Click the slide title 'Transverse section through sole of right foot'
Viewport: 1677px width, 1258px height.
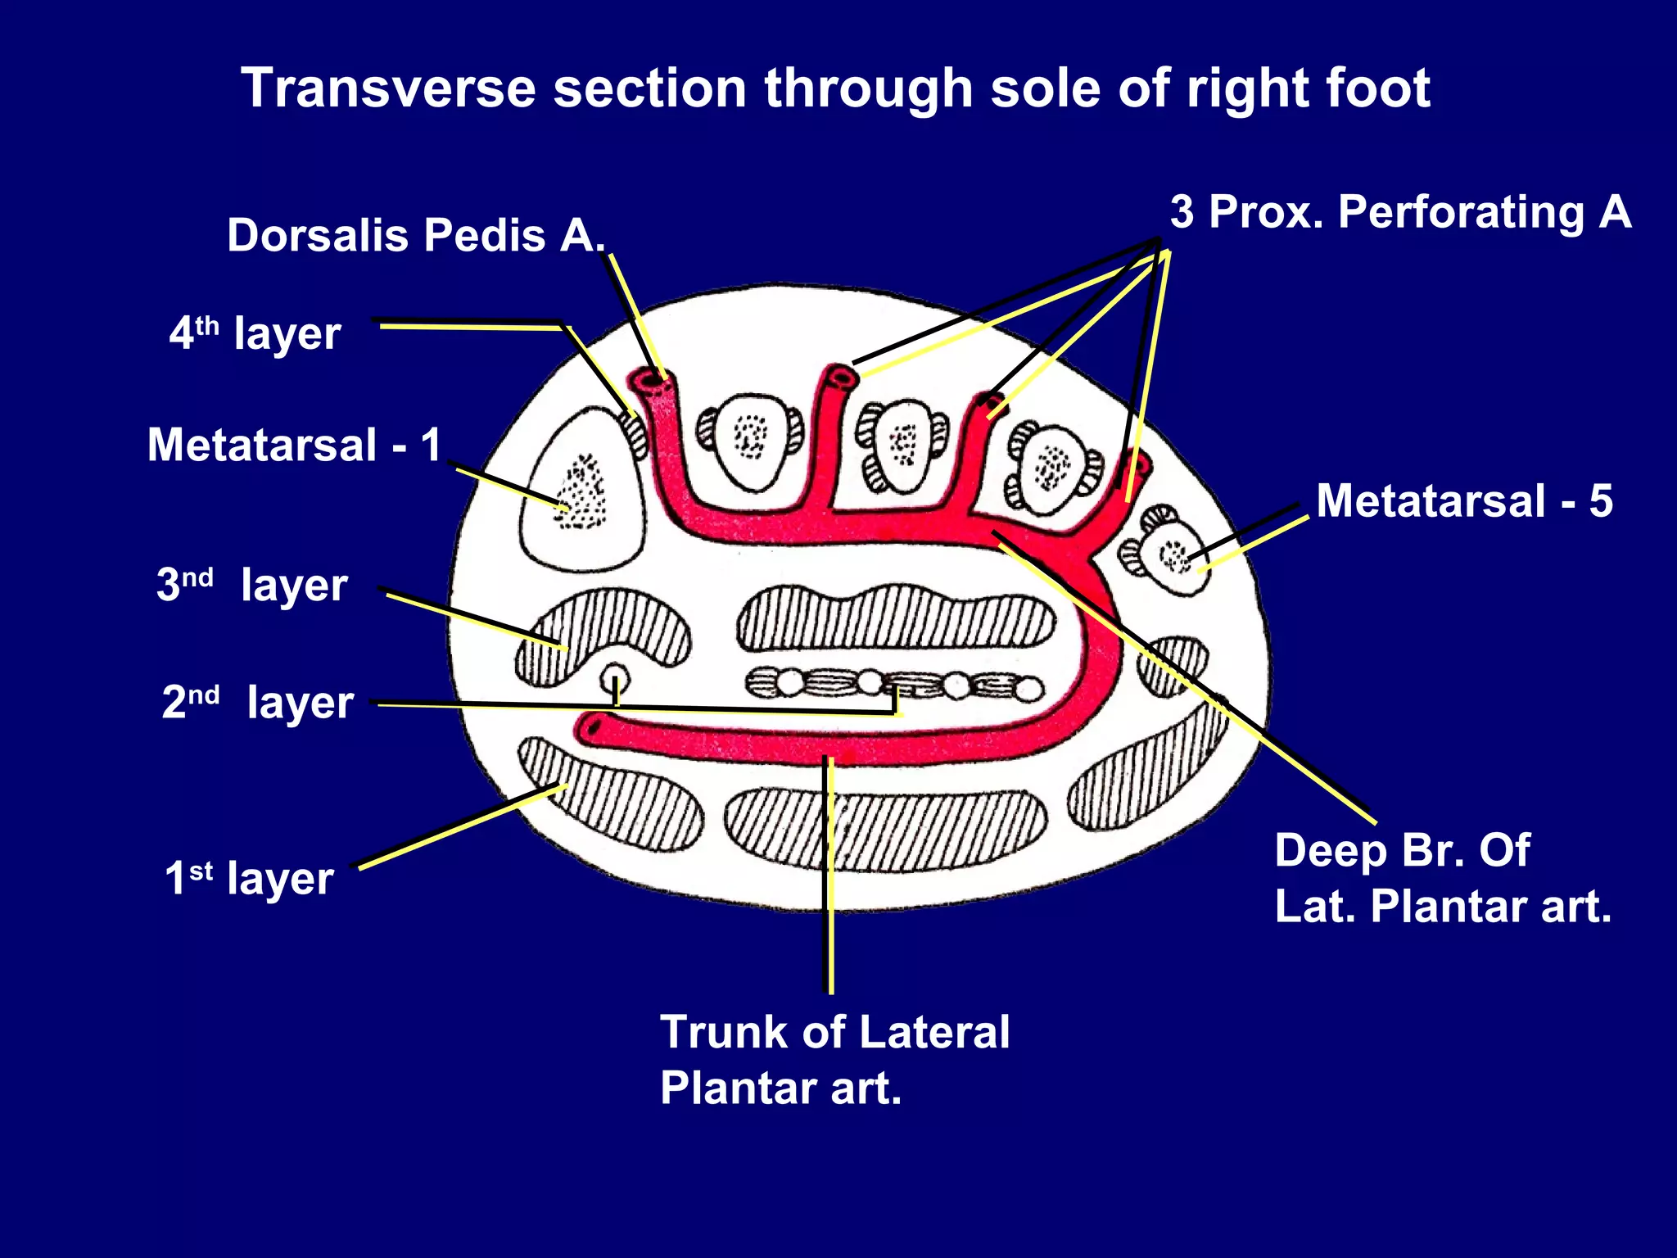[x=835, y=88]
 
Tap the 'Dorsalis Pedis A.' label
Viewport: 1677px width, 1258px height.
[x=416, y=236]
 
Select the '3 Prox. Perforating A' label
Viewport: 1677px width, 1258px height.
[x=1400, y=212]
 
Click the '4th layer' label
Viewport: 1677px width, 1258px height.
[x=255, y=333]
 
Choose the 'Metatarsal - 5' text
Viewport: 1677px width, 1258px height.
[x=1464, y=500]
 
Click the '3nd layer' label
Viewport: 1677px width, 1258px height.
[x=252, y=585]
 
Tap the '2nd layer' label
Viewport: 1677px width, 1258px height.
[x=258, y=702]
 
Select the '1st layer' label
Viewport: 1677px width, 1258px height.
[x=249, y=878]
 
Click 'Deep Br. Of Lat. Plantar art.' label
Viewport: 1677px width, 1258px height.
[x=1441, y=878]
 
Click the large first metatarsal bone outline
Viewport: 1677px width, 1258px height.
[x=583, y=491]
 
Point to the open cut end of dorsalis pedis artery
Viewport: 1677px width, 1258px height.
[x=653, y=379]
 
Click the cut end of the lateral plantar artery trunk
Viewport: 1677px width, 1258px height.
[x=591, y=726]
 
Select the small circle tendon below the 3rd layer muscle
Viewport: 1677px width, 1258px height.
[x=615, y=678]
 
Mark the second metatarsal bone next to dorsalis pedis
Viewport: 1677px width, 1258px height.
[x=750, y=438]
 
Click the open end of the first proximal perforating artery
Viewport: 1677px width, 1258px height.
[x=840, y=377]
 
